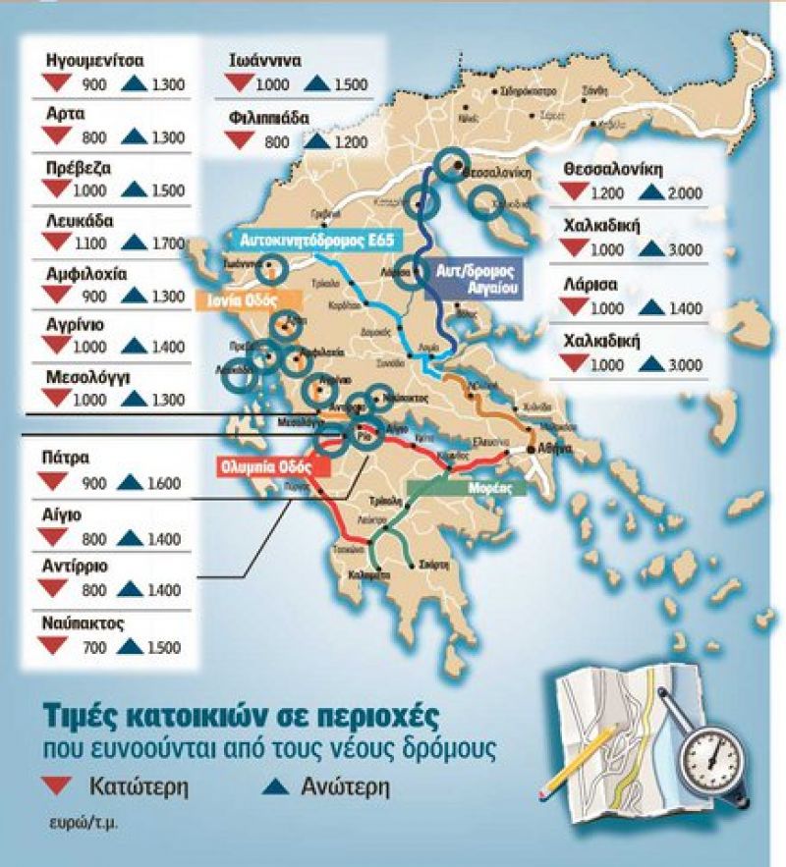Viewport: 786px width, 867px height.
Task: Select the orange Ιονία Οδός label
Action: coord(242,299)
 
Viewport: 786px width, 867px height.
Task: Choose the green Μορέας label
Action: coord(465,488)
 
